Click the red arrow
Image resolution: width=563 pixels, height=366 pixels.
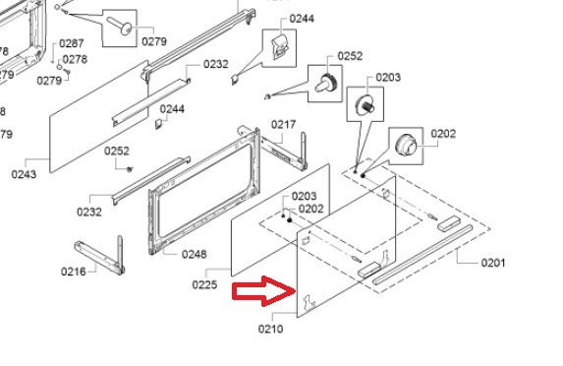pos(265,291)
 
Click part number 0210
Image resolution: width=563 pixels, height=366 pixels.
pos(271,329)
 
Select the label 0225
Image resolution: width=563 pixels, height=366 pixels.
pos(204,284)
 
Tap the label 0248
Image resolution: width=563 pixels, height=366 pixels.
pos(195,254)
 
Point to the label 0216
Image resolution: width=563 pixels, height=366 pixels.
pos(74,272)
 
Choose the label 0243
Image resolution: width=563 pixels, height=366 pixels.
pos(24,174)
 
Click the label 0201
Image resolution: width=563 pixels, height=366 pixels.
pos(493,263)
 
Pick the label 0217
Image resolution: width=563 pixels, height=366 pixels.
pos(283,124)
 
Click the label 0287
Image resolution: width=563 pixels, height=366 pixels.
pos(72,43)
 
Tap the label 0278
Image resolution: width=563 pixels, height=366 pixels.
pos(75,59)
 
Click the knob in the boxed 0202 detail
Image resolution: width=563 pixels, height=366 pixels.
pos(406,145)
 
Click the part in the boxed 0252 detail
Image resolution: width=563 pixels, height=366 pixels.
pos(325,83)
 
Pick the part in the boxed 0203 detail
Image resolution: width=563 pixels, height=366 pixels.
pos(366,104)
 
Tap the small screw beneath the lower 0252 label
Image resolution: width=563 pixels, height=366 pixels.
pos(130,169)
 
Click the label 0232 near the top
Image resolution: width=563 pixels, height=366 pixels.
pos(216,64)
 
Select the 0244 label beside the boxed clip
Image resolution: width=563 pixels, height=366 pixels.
pos(302,19)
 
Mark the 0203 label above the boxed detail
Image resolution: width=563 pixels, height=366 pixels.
pos(388,78)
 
